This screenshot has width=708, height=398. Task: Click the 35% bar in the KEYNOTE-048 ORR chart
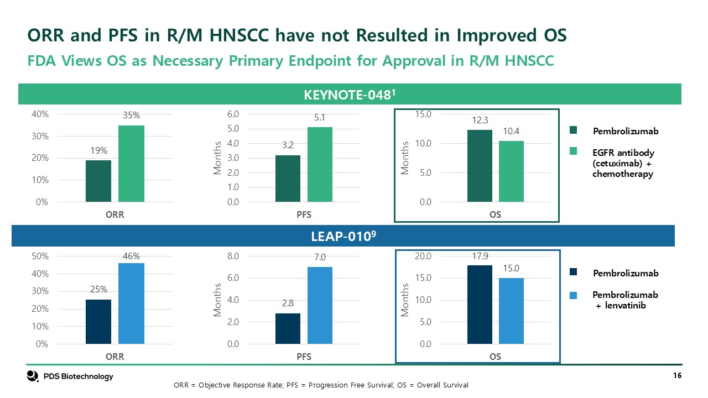point(131,164)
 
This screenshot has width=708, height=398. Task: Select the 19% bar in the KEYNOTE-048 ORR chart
point(98,181)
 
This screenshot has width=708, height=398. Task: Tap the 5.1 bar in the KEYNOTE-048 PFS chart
point(320,165)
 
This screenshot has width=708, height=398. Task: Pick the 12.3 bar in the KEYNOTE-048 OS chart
point(480,166)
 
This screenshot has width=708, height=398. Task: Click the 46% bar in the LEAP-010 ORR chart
point(131,303)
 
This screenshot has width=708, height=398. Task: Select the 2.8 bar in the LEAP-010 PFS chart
point(288,329)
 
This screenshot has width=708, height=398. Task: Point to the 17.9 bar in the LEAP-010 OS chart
point(480,305)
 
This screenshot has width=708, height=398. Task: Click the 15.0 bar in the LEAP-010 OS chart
point(511,311)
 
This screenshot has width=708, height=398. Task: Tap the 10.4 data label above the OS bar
point(511,132)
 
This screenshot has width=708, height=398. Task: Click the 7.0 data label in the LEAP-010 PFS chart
point(320,257)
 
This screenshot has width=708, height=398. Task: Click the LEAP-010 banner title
point(343,237)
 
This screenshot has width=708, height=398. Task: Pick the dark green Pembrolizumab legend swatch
point(574,131)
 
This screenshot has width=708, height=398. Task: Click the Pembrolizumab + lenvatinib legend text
point(626,300)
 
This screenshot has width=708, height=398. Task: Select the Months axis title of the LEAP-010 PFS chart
point(217,300)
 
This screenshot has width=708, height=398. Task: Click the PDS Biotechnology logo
point(70,376)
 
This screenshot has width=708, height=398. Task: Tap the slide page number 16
point(676,376)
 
